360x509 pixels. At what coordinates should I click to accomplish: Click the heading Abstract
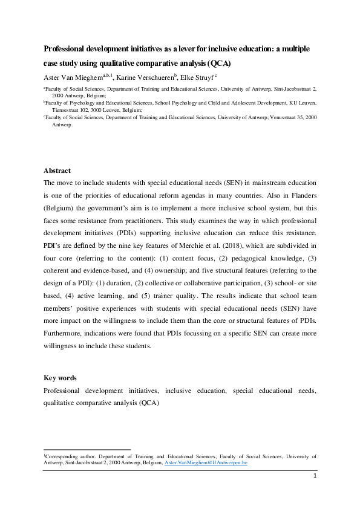coord(57,170)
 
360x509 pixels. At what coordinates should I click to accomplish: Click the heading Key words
coord(60,378)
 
